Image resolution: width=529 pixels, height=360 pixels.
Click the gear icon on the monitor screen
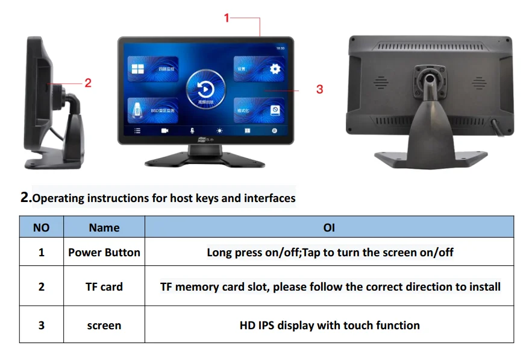[275, 69]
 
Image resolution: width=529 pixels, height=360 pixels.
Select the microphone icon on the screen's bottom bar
[192, 130]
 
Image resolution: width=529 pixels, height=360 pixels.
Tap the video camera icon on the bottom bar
[164, 130]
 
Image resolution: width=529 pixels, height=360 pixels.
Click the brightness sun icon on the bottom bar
[220, 130]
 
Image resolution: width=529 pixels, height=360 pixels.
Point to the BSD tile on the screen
[153, 109]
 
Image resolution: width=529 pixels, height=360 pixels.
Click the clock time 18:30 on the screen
[280, 47]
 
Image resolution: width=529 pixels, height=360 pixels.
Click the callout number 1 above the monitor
[227, 18]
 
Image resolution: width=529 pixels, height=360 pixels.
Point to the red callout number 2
[88, 83]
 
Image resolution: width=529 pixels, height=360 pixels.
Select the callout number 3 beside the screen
[319, 89]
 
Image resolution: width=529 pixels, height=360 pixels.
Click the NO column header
[41, 227]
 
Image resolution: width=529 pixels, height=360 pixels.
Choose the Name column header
[104, 227]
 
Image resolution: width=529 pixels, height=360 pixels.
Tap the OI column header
[329, 227]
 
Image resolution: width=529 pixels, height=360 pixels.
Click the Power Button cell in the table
[104, 252]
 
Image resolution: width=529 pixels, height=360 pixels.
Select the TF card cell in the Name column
[104, 286]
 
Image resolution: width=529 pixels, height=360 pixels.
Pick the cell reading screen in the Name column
[104, 325]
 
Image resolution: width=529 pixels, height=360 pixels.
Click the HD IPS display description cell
[330, 325]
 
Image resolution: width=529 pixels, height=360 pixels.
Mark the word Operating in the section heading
[59, 198]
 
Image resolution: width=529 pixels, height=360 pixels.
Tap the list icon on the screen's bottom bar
[137, 130]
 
